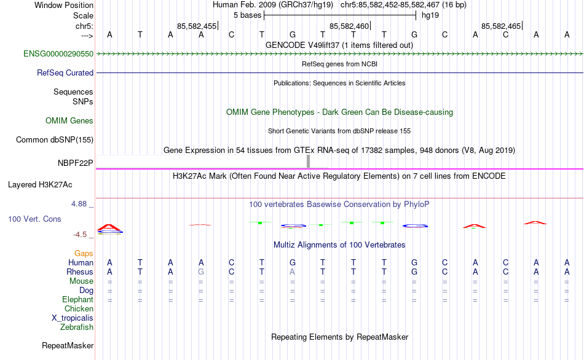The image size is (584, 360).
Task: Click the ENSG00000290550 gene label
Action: (x=58, y=54)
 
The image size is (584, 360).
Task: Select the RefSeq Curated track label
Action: (x=65, y=72)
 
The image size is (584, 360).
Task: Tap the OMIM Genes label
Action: (x=69, y=121)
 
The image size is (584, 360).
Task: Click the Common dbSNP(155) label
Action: (x=55, y=140)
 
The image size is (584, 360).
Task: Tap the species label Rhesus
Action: (x=80, y=272)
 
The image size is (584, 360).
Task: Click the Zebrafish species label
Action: (x=77, y=327)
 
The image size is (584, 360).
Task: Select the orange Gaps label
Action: (x=84, y=253)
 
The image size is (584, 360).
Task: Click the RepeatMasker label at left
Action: (x=68, y=346)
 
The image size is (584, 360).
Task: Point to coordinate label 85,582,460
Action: (x=349, y=26)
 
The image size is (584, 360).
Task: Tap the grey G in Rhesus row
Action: (x=201, y=272)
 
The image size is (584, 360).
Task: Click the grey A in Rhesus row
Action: (x=293, y=272)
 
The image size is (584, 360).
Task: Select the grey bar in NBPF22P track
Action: (x=308, y=162)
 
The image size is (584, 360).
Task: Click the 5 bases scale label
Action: (x=248, y=15)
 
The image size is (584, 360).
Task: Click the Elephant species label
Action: (x=78, y=299)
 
